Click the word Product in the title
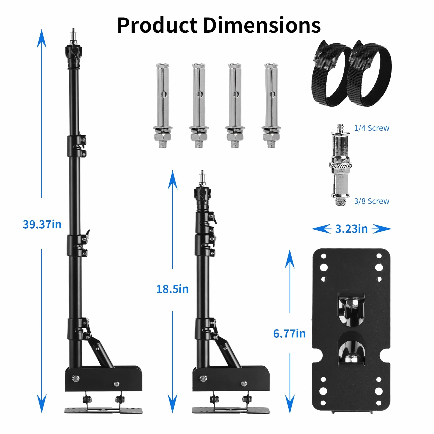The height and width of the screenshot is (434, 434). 157,25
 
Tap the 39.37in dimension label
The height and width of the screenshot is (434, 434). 42,224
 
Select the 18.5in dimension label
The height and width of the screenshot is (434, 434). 172,289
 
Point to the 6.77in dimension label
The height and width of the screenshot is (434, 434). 289,334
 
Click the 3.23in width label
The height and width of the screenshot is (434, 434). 351,229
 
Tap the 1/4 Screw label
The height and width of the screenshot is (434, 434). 372,128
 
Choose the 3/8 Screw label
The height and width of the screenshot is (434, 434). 372,201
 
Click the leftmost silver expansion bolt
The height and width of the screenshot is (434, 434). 163,106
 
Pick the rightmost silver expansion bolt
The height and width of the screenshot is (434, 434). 271,106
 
